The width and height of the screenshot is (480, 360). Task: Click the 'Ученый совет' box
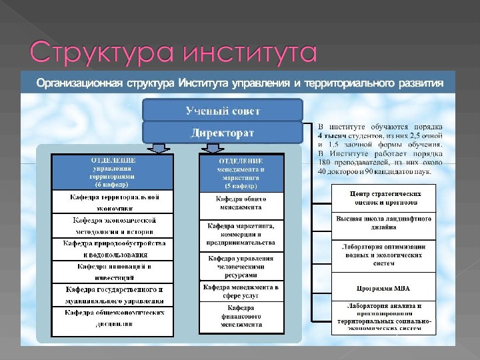(x=223, y=110)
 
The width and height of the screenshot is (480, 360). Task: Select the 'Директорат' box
(x=223, y=133)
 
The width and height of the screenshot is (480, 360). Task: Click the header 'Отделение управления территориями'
(x=113, y=173)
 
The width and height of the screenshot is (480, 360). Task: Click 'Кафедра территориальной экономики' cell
(x=113, y=202)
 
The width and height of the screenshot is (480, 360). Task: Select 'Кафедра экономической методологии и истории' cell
(x=113, y=225)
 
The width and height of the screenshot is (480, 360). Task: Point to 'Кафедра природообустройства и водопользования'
(x=113, y=249)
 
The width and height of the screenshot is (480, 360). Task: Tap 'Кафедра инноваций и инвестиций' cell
(x=113, y=271)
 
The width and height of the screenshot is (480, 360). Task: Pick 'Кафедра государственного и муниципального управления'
(x=113, y=295)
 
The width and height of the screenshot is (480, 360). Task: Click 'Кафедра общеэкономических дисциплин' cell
(x=113, y=317)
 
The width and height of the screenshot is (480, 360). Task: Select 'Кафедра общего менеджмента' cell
(x=242, y=203)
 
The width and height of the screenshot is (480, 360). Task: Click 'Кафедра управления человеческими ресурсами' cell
(x=242, y=266)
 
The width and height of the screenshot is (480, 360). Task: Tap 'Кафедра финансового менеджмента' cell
(x=242, y=316)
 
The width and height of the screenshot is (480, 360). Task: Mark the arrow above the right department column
(x=287, y=147)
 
